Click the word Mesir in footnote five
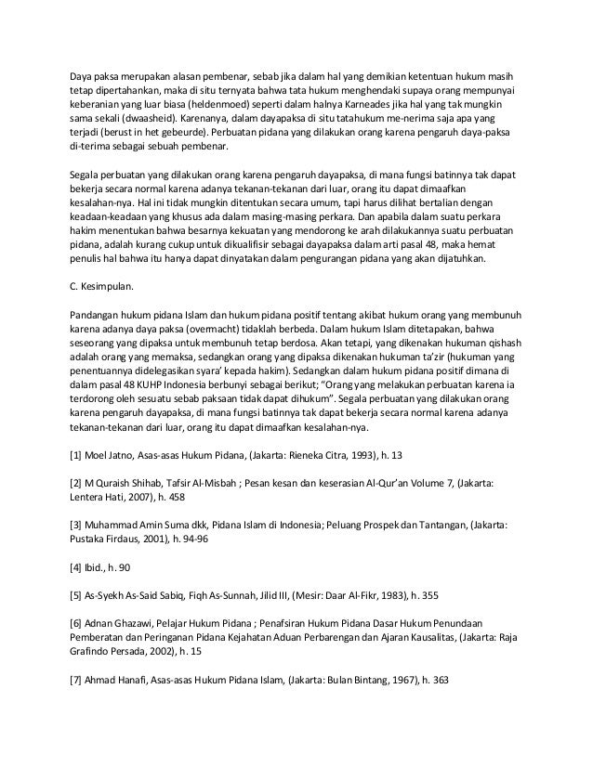point(313,594)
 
